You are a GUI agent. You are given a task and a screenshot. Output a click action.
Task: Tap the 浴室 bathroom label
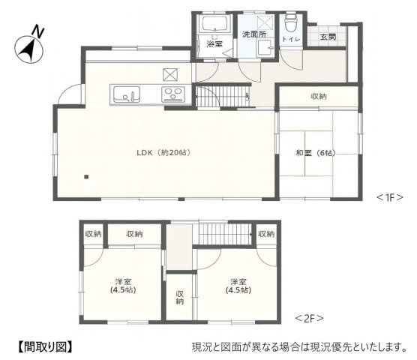coord(214,45)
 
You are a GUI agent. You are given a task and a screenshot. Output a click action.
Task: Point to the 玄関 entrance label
coord(328,37)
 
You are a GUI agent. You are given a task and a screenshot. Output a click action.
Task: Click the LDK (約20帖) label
coord(163,152)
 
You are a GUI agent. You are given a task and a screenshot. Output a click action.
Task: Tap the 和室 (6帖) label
coord(314,153)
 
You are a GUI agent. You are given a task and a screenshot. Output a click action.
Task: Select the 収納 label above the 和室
coord(319,97)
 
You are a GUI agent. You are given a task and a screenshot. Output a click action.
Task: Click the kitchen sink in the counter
coord(127,95)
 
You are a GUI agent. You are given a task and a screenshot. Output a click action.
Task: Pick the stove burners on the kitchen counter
coord(173,95)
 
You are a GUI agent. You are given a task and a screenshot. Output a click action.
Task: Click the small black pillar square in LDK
coord(87,178)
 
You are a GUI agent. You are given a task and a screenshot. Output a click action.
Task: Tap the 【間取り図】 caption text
coord(43,346)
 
